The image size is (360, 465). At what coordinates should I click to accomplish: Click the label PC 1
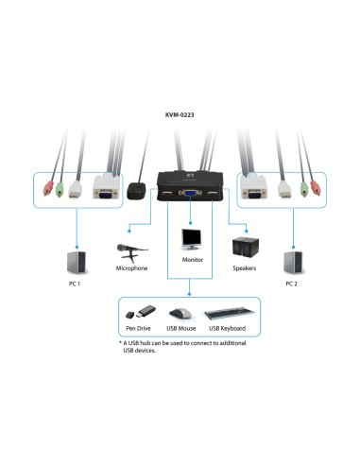click(x=75, y=284)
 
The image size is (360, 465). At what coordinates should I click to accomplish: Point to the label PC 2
click(x=293, y=284)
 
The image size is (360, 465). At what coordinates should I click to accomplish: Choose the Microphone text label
click(x=131, y=268)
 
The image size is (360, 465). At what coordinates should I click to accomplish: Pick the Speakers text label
click(x=244, y=268)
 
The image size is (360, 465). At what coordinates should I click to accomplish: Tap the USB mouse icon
click(x=180, y=314)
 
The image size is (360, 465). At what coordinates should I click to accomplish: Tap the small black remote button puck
click(x=138, y=190)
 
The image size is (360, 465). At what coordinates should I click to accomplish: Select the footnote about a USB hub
click(x=177, y=348)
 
